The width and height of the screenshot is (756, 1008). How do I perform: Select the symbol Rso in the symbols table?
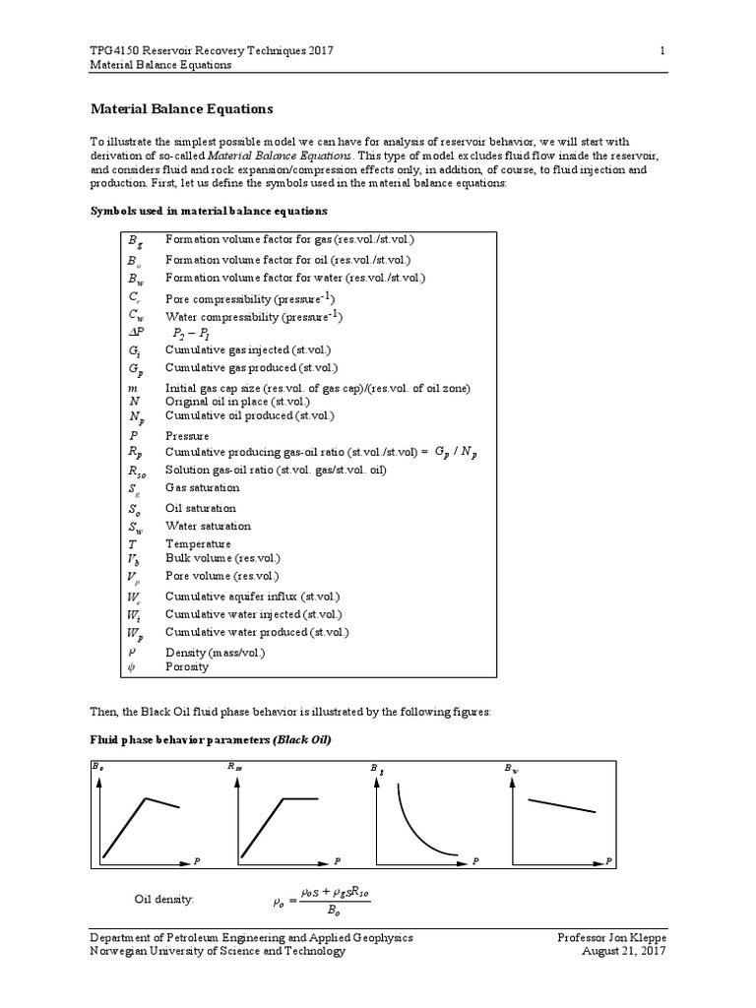138,471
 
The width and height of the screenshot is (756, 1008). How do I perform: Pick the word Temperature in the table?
198,543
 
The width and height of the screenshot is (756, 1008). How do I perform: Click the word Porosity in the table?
187,666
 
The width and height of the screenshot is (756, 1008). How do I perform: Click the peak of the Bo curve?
146,797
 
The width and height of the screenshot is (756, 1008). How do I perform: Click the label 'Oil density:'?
164,899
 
